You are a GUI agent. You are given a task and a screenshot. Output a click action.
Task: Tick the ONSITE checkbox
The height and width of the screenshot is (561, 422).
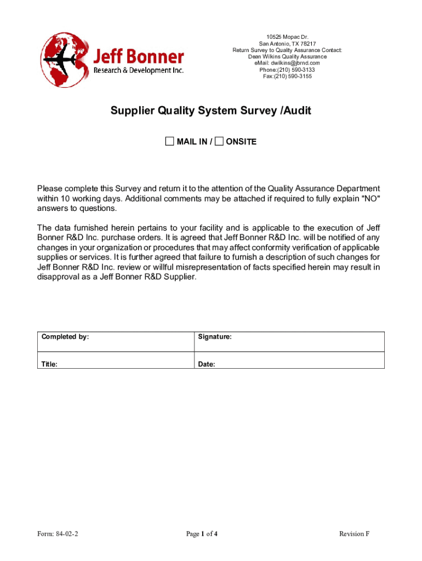(219, 142)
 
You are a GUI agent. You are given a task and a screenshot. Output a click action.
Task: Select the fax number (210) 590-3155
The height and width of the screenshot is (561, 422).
(293, 76)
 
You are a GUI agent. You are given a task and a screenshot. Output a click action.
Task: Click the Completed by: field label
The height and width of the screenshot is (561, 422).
(65, 337)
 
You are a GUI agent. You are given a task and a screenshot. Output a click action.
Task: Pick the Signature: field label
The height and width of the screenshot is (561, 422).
(215, 337)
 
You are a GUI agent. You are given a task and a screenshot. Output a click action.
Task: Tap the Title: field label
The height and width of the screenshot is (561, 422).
(50, 364)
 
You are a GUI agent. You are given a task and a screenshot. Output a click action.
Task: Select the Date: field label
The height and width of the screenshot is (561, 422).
(207, 364)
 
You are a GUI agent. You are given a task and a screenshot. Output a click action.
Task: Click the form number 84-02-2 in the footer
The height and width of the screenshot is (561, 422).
(65, 534)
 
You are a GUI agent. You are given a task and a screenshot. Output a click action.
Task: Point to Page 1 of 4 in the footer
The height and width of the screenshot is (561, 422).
(202, 534)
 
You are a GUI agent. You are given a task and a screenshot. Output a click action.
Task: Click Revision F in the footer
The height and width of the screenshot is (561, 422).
(354, 534)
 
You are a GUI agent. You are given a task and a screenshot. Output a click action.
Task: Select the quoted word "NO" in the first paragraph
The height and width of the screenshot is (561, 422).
(370, 198)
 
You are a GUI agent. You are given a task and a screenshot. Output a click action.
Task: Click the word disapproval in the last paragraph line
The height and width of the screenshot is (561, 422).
(59, 277)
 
